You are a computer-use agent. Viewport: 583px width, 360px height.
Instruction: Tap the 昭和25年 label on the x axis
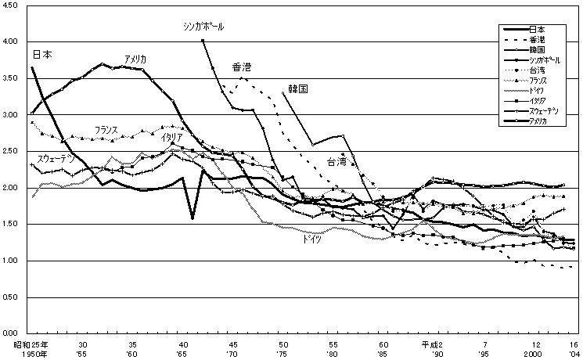point(27,344)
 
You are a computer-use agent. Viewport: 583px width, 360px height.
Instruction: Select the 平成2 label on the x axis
point(434,344)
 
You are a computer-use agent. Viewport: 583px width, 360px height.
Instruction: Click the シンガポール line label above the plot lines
point(203,26)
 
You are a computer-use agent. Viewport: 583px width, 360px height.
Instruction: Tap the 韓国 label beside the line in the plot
point(298,89)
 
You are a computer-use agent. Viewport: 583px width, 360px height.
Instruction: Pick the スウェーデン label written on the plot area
point(56,159)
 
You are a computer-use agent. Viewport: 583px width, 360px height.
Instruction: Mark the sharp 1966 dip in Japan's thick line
point(192,218)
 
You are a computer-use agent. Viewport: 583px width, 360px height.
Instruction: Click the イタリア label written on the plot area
point(172,138)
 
